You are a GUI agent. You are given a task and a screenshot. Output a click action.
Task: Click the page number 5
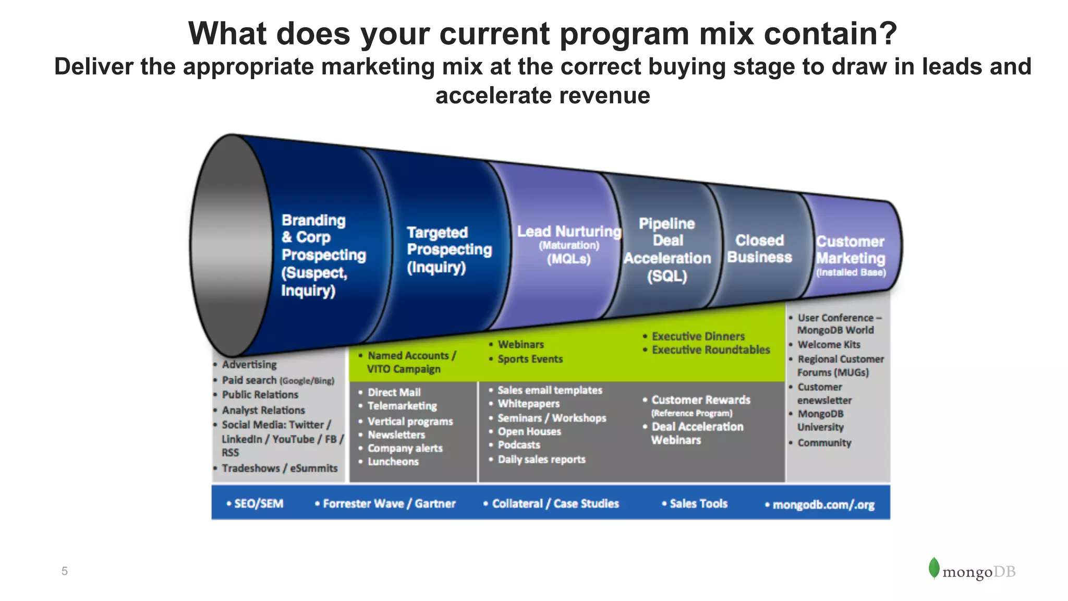pyautogui.click(x=64, y=571)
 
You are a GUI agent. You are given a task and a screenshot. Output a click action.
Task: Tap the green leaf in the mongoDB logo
pyautogui.click(x=933, y=568)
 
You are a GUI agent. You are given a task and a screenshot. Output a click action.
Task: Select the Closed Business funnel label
pyautogui.click(x=759, y=249)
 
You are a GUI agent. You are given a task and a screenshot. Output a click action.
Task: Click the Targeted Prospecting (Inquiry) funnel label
pyautogui.click(x=448, y=250)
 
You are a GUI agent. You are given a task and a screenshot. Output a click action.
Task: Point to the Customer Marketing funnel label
pyautogui.click(x=851, y=251)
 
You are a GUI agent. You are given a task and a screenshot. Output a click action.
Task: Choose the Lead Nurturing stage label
pyautogui.click(x=568, y=232)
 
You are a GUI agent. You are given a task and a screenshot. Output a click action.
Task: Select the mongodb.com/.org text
pyautogui.click(x=823, y=504)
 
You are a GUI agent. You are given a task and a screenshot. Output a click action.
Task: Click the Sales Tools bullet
pyautogui.click(x=698, y=503)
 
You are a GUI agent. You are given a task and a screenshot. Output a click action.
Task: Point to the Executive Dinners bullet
pyautogui.click(x=698, y=336)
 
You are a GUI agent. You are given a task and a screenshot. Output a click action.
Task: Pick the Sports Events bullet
pyautogui.click(x=530, y=359)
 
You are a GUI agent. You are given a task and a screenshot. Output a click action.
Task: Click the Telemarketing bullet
pyautogui.click(x=402, y=406)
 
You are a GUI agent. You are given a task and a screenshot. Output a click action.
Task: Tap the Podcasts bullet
pyautogui.click(x=518, y=445)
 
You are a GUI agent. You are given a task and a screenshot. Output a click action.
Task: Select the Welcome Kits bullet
pyautogui.click(x=829, y=345)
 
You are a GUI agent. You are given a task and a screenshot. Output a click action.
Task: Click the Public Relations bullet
pyautogui.click(x=260, y=395)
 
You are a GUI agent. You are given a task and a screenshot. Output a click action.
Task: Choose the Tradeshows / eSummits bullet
pyautogui.click(x=280, y=468)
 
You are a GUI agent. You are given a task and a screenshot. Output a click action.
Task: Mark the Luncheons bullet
pyautogui.click(x=393, y=462)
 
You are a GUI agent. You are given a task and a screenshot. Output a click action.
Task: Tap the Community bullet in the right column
pyautogui.click(x=824, y=443)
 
